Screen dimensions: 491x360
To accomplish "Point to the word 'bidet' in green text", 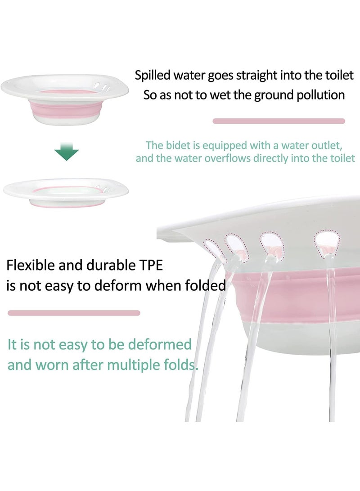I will [179, 145].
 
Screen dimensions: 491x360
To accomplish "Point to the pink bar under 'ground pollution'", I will [279, 121].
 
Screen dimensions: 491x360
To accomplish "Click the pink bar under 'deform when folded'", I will [74, 313].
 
